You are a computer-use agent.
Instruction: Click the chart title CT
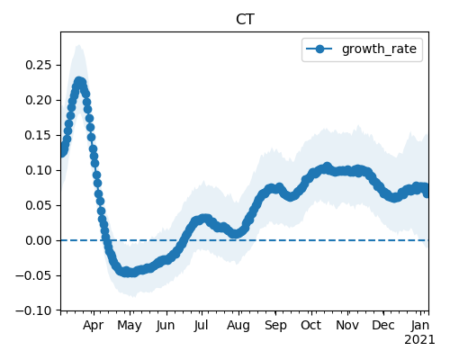coord(245,20)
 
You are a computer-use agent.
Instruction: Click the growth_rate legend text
coord(379,49)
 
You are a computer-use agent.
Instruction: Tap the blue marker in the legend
coord(319,49)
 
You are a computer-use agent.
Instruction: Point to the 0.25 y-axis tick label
coord(39,65)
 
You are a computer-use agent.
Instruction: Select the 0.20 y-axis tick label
coord(39,100)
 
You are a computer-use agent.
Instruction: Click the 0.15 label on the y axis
coord(39,135)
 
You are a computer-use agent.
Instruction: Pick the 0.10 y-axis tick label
coord(39,170)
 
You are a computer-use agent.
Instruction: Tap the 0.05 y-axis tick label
coord(39,205)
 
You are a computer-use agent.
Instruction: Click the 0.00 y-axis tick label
coord(39,240)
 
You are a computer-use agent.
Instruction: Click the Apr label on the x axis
coord(94,326)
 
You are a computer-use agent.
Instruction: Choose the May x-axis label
coord(130,326)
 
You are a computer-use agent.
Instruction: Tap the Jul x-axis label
coord(201,326)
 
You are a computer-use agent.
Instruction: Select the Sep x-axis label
coord(275,326)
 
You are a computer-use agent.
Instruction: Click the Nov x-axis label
coord(347,326)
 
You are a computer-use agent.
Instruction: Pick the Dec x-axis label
coord(383,326)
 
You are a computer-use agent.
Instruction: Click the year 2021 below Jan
coord(419,340)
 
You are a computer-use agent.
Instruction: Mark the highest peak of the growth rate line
coord(79,81)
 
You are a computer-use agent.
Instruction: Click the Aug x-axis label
coord(238,326)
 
